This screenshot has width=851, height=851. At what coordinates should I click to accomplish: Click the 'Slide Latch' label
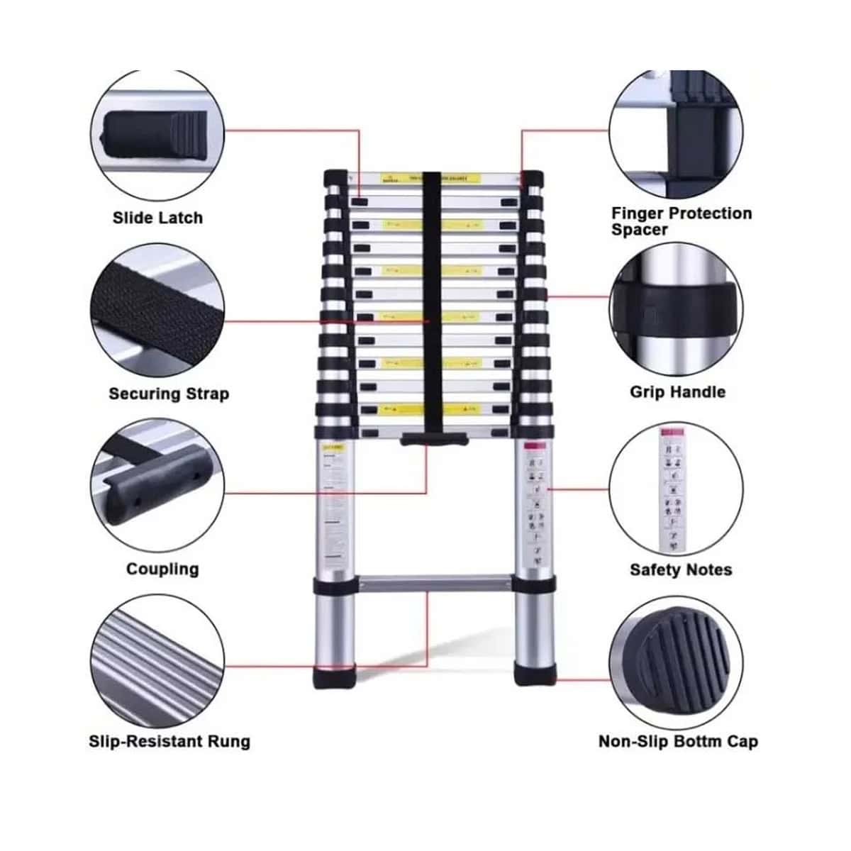(157, 218)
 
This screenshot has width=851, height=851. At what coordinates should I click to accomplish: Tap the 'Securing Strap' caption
(169, 394)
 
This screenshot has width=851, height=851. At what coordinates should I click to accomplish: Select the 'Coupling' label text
(162, 569)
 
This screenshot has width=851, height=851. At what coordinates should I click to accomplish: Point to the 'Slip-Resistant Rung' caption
(169, 742)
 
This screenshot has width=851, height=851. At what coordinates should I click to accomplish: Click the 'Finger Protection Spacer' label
(681, 221)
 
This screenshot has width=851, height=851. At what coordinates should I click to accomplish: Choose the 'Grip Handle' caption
(677, 392)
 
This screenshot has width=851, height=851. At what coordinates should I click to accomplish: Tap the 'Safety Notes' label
(680, 569)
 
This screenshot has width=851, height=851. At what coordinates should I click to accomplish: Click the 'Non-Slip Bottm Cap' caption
(678, 742)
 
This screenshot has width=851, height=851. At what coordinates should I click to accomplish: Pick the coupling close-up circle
(157, 489)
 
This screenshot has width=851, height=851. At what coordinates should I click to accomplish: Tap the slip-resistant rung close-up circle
(157, 663)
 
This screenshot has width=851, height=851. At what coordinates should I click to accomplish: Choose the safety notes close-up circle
(677, 489)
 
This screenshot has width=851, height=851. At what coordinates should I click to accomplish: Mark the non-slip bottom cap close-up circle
(677, 663)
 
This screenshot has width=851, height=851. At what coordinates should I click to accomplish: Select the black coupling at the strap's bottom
(433, 440)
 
